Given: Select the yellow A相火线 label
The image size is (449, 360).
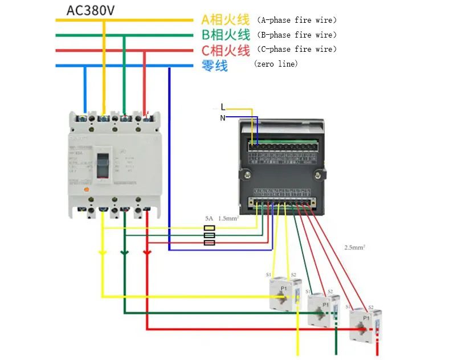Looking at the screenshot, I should pyautogui.click(x=225, y=20).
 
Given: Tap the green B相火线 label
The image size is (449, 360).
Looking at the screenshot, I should pyautogui.click(x=225, y=35).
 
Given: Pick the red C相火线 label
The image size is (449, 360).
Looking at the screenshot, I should pyautogui.click(x=225, y=50).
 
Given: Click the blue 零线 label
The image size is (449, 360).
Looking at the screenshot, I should pyautogui.click(x=215, y=66).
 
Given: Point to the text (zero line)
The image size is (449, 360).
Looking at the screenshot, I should pyautogui.click(x=276, y=64).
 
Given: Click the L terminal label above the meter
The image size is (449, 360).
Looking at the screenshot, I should pyautogui.click(x=223, y=107).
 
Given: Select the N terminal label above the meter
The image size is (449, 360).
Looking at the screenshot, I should pyautogui.click(x=223, y=118).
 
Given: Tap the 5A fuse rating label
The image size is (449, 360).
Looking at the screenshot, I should pyautogui.click(x=209, y=219).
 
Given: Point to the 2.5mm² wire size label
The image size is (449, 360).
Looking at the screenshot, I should pyautogui.click(x=354, y=248).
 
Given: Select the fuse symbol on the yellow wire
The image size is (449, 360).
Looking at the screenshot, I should pyautogui.click(x=209, y=228).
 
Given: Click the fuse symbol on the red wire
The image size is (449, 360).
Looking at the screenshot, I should pyautogui.click(x=209, y=243).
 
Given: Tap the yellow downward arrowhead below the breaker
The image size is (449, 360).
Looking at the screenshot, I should pyautogui.click(x=102, y=252).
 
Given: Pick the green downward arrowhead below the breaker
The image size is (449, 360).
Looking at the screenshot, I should pyautogui.click(x=124, y=252).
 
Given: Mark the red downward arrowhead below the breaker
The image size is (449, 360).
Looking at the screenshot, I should pyautogui.click(x=146, y=252).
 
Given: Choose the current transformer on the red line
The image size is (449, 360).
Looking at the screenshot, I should pyautogui.click(x=362, y=325).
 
